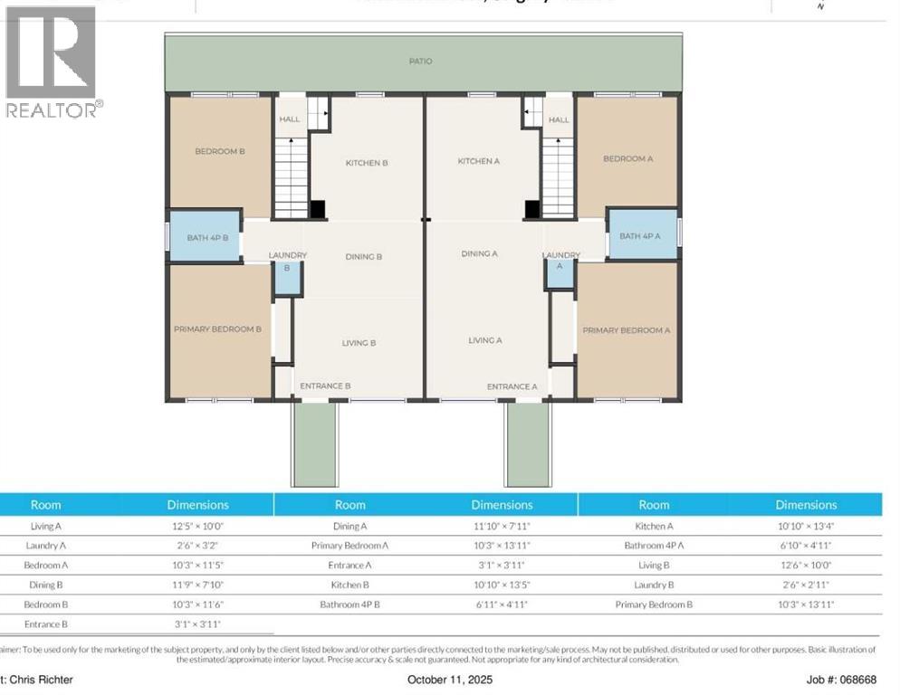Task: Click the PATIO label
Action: click(x=420, y=62)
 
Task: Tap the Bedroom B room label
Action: click(x=220, y=151)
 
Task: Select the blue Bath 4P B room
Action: click(x=206, y=236)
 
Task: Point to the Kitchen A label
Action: click(x=478, y=161)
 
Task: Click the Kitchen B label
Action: click(x=367, y=163)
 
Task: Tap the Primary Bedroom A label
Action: click(x=626, y=330)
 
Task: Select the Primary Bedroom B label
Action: click(x=217, y=329)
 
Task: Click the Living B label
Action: click(x=359, y=343)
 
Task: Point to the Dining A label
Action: click(x=479, y=254)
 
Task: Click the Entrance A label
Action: click(x=512, y=386)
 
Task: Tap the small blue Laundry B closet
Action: click(x=288, y=280)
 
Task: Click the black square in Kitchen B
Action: click(x=317, y=209)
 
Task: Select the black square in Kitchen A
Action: click(x=532, y=209)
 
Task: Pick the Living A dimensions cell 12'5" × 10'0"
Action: click(x=197, y=526)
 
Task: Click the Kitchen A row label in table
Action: click(x=654, y=526)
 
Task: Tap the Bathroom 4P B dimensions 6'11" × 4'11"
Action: click(x=502, y=605)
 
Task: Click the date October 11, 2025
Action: click(x=450, y=680)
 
